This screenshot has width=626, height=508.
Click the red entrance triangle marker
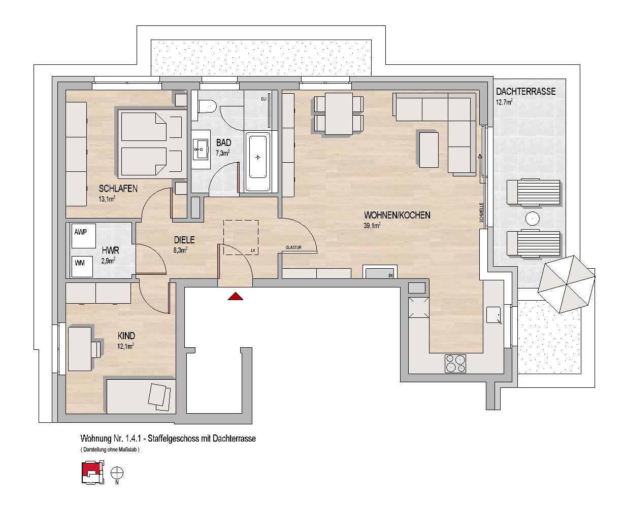pyautogui.click(x=235, y=297)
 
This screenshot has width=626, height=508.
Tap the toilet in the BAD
pyautogui.click(x=207, y=106)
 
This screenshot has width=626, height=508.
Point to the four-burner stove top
pyautogui.click(x=455, y=364)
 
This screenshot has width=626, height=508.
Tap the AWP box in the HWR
pyautogui.click(x=83, y=236)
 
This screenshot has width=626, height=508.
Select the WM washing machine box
pyautogui.click(x=82, y=267)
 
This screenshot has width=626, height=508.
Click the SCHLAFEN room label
pyautogui.click(x=118, y=189)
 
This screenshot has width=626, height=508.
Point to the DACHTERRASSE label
pyautogui.click(x=526, y=92)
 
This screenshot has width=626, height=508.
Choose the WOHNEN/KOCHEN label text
pyautogui.click(x=397, y=215)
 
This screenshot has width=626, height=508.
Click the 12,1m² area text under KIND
pyautogui.click(x=125, y=346)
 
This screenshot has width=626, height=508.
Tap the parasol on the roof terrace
pyautogui.click(x=566, y=284)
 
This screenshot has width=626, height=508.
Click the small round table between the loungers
pyautogui.click(x=532, y=219)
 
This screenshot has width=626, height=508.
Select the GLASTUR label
pyautogui.click(x=293, y=247)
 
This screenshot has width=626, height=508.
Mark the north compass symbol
pyautogui.click(x=117, y=473)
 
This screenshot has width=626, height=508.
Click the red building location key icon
pyautogui.click(x=92, y=473)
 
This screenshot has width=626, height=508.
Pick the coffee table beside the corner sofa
pyautogui.click(x=429, y=150)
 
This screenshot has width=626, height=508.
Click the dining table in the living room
pyautogui.click(x=339, y=114)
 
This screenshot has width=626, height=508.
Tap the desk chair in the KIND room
pyautogui.click(x=96, y=349)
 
